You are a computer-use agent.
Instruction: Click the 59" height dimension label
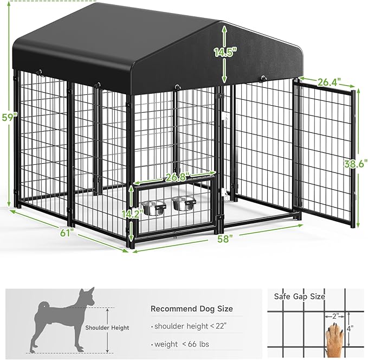[x=5, y=117]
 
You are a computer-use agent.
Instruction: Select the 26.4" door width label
[x=329, y=82]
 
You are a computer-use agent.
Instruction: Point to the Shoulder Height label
[x=107, y=327]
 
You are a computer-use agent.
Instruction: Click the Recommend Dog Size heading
[x=191, y=308]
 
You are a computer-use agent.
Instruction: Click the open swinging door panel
[x=324, y=152]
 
